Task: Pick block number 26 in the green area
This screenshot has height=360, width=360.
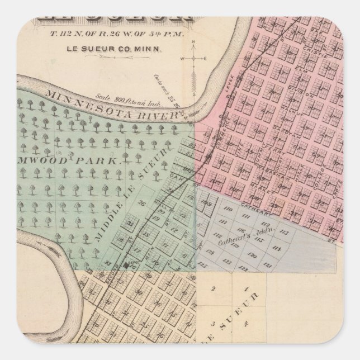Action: click(x=142, y=203)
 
